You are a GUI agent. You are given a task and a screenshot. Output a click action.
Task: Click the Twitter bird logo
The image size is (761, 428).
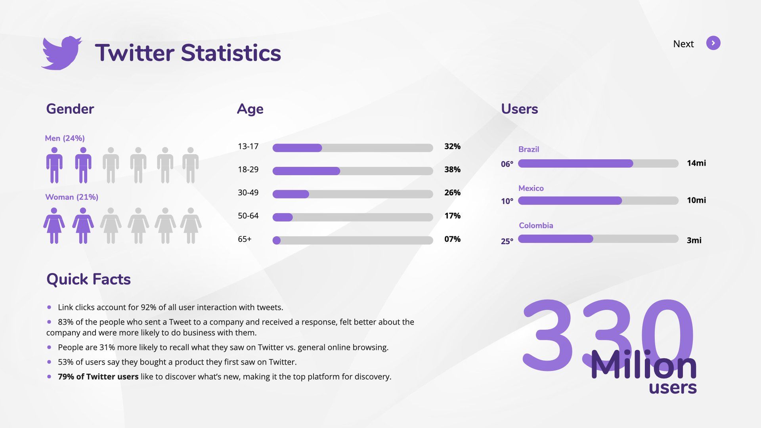coord(61,53)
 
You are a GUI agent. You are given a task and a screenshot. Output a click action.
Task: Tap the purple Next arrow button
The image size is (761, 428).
coord(713,43)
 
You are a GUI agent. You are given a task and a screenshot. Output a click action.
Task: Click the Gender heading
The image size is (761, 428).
coord(70,109)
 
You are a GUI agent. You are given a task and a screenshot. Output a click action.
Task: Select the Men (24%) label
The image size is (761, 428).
coord(65,138)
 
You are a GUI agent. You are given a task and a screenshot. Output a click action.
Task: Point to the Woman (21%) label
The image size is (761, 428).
coord(72,197)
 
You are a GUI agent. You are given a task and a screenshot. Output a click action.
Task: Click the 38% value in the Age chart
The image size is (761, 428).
coord(452,170)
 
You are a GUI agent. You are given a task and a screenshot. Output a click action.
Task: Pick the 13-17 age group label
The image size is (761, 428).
coord(248,147)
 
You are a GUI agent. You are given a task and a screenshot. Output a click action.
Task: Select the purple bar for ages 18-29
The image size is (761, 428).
coord(306,171)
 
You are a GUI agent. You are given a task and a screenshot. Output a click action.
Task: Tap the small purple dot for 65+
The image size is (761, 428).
coord(277,241)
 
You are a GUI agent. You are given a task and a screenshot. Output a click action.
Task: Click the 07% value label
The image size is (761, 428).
coord(452,239)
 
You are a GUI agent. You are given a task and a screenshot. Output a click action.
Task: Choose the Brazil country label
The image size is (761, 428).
coord(528,149)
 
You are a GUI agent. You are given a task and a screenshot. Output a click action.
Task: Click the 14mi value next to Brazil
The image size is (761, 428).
coord(696,163)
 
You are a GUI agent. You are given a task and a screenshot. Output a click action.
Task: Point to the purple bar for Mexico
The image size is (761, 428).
coord(570,201)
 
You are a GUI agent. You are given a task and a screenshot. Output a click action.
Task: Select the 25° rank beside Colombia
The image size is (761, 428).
coord(507,241)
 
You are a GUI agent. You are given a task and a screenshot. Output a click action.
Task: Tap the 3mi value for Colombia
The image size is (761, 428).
coord(694,241)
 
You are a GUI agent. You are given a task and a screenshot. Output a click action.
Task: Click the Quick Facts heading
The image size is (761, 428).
coord(88,279)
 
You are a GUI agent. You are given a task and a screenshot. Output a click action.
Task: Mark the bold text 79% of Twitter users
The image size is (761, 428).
coord(98,377)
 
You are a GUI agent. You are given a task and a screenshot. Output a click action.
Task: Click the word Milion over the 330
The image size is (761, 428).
coord(643,365)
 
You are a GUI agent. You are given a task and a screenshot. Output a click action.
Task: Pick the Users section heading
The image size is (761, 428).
coord(519,109)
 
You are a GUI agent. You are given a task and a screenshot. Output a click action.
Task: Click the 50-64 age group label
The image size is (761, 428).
coord(248,216)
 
